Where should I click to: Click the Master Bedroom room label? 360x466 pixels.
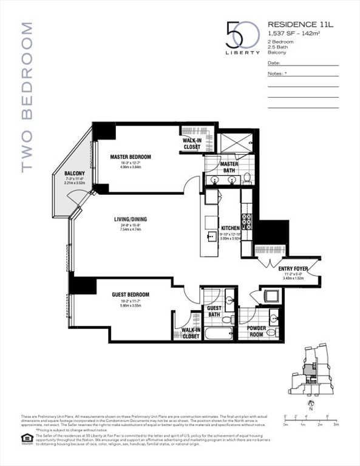[x=131, y=157]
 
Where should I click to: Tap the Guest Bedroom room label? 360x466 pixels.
[x=130, y=295]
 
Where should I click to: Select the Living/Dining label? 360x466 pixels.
[x=130, y=220]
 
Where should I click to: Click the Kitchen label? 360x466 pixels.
[x=230, y=228]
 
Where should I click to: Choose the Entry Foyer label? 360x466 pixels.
[x=292, y=268]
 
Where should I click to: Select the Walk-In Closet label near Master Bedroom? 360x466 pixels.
[x=192, y=143]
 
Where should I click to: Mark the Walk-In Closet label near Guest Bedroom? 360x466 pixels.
[x=191, y=333]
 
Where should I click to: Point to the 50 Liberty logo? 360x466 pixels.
[x=234, y=38]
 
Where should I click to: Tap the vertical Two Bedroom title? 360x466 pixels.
[x=26, y=97]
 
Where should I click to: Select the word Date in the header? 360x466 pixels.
[x=273, y=62]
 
